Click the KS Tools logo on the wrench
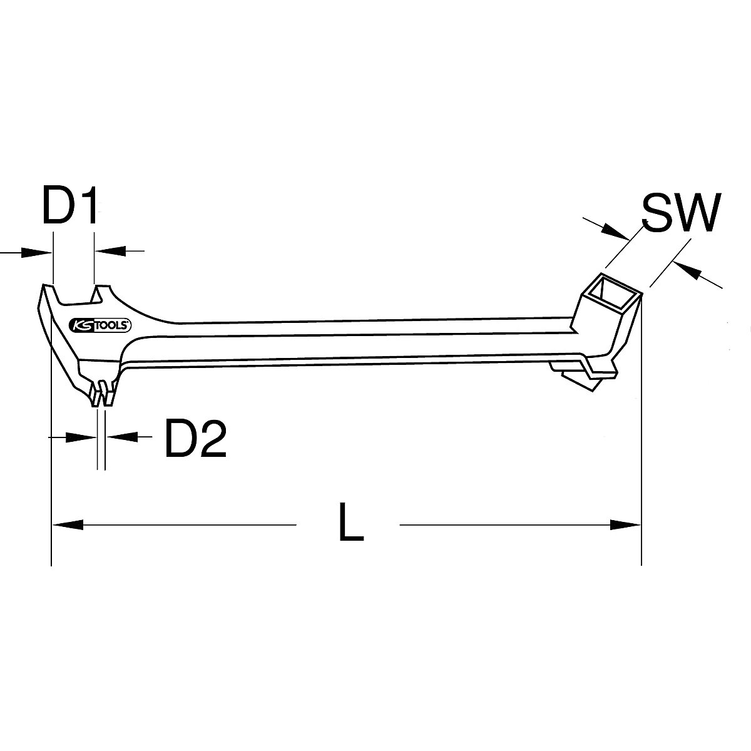tap(100, 325)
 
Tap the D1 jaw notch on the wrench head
tap(74, 295)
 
